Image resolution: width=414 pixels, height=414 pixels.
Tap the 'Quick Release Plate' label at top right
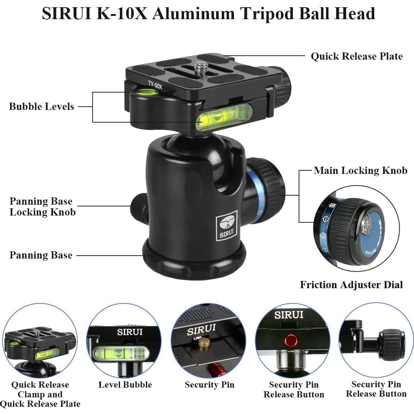pyautogui.click(x=357, y=56)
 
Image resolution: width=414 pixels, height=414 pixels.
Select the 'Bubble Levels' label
pyautogui.click(x=41, y=107)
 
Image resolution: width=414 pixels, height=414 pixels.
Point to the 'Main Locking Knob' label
pyautogui.click(x=360, y=171)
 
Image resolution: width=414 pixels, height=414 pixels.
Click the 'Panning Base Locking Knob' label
pyautogui.click(x=42, y=206)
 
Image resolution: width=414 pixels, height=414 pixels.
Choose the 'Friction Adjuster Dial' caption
pyautogui.click(x=351, y=285)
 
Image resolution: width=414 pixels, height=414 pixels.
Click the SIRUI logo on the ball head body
pyautogui.click(x=226, y=225)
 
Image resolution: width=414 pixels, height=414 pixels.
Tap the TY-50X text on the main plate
pyautogui.click(x=155, y=85)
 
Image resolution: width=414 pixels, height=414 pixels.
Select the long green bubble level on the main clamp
pyautogui.click(x=224, y=116)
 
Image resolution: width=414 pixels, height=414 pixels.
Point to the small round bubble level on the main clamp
pyautogui.click(x=148, y=93)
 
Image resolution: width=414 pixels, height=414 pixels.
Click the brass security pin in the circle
pyautogui.click(x=205, y=342)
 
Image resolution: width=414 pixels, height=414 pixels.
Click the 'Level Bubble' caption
pyautogui.click(x=125, y=385)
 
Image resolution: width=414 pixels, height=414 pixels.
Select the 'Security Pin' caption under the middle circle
pyautogui.click(x=209, y=385)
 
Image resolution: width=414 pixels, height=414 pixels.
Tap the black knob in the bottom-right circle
pyautogui.click(x=392, y=344)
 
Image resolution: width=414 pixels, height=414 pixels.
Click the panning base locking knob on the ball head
pyautogui.click(x=138, y=207)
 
